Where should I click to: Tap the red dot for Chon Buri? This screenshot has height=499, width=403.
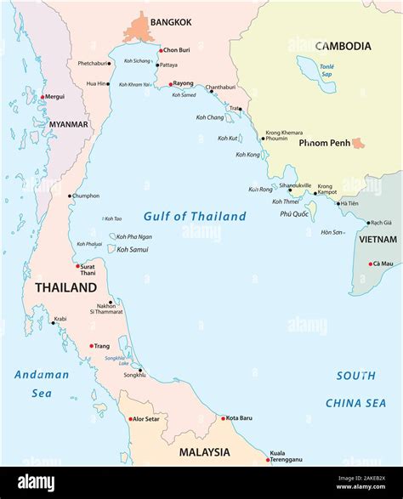click(158, 50)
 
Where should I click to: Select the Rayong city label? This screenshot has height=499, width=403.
click(184, 83)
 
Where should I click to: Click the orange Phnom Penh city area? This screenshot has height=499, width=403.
click(358, 144)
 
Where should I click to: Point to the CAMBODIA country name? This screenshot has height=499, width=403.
click(343, 46)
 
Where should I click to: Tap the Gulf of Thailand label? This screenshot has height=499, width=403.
click(195, 217)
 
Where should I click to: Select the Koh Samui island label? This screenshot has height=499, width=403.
click(133, 249)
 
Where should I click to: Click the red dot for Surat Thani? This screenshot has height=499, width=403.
click(79, 265)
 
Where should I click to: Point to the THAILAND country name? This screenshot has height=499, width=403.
click(65, 288)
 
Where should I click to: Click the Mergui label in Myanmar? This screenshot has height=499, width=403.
click(54, 97)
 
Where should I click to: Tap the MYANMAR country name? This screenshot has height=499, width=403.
click(68, 124)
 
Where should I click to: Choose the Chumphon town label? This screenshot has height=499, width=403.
click(86, 196)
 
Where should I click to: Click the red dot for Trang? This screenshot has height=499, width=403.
click(91, 345)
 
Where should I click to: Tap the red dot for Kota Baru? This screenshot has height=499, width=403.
click(223, 418)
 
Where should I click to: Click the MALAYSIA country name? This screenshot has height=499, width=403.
click(204, 452)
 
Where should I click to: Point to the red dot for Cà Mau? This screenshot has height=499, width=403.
click(370, 264)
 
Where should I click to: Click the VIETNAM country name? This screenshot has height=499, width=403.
click(377, 240)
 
